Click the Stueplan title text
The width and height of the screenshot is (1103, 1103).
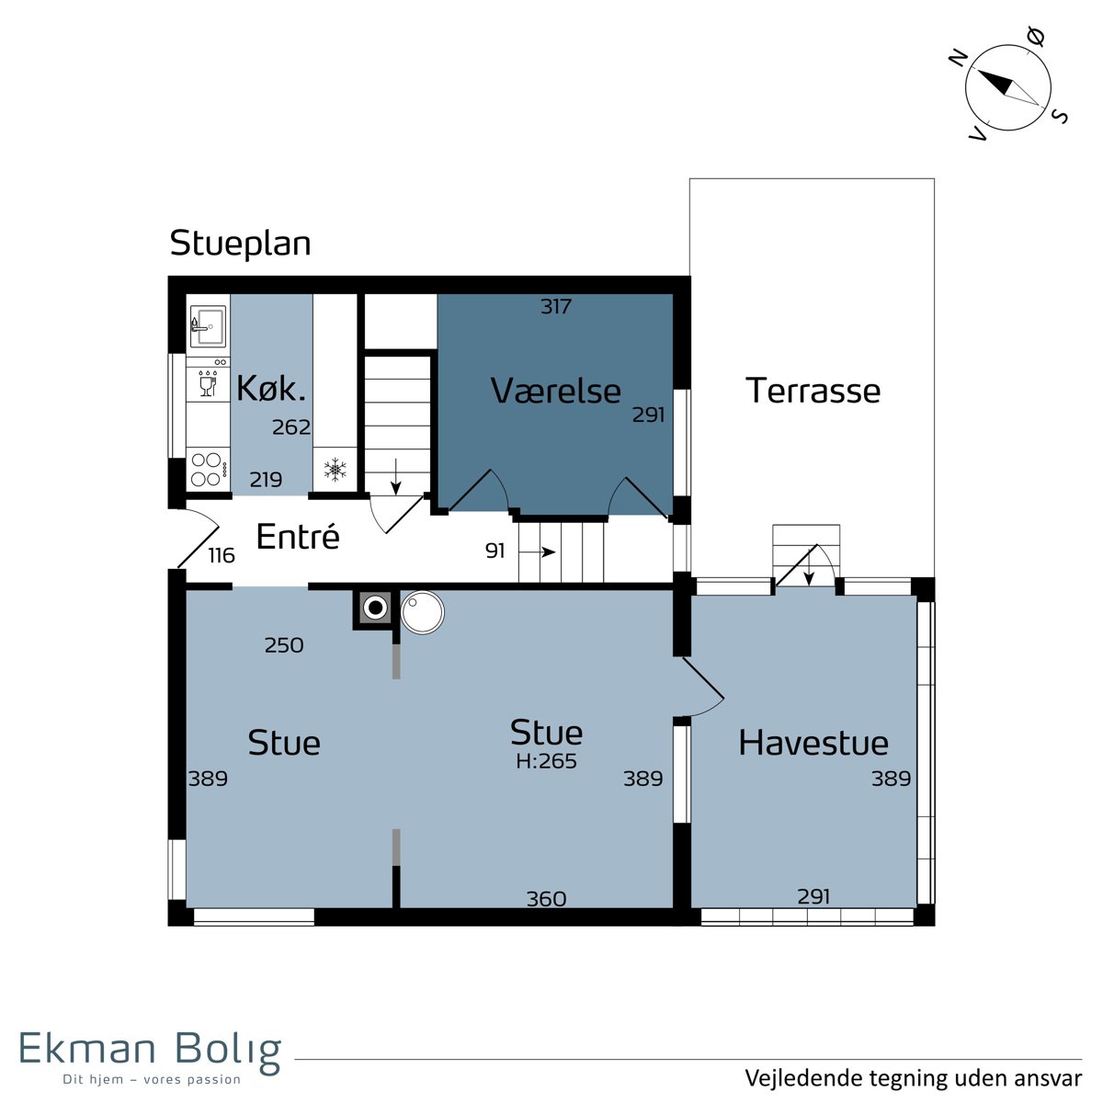(x=241, y=244)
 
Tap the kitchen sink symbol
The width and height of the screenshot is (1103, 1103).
(x=208, y=325)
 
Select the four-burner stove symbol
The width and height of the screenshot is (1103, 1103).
(x=208, y=469)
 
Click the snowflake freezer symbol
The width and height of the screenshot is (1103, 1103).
(x=335, y=469)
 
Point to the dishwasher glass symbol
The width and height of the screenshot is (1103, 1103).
(x=207, y=383)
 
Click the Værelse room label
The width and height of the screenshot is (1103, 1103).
(x=556, y=392)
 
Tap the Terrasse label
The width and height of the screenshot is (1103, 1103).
(x=813, y=391)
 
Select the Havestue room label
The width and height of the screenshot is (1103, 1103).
(x=813, y=743)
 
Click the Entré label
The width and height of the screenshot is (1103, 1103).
(x=298, y=536)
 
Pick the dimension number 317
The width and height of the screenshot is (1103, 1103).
(x=556, y=307)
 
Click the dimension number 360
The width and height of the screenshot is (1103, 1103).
(x=547, y=899)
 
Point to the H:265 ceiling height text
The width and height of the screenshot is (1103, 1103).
(x=546, y=761)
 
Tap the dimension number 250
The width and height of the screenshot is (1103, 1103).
(x=284, y=645)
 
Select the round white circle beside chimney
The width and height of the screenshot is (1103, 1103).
(x=423, y=611)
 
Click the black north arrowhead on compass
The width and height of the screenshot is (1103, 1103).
(x=995, y=82)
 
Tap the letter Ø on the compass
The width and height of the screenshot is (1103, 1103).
(x=1036, y=37)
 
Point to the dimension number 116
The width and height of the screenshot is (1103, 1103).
(x=222, y=555)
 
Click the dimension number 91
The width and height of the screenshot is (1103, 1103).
(x=495, y=551)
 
